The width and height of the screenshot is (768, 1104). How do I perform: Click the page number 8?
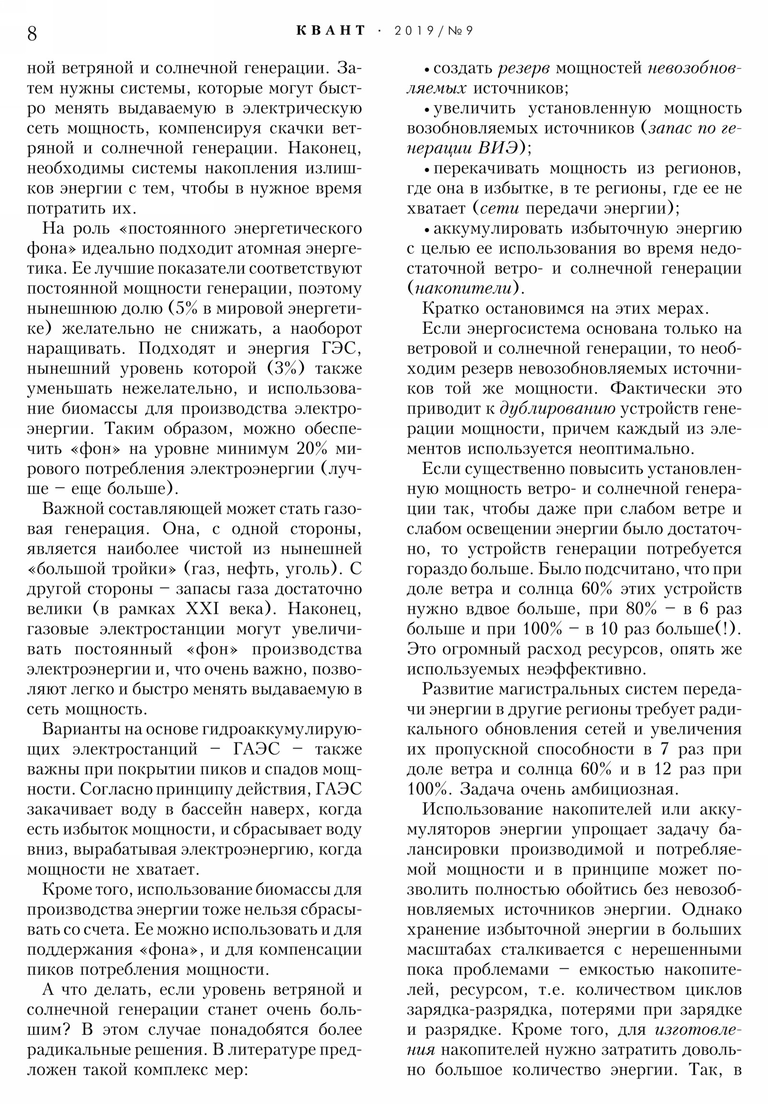32,34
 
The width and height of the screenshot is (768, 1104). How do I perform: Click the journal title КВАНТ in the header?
331,31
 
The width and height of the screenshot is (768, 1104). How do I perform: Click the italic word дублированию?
557,408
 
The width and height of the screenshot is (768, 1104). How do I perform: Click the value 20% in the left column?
312,449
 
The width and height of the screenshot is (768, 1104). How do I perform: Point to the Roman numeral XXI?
203,609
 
